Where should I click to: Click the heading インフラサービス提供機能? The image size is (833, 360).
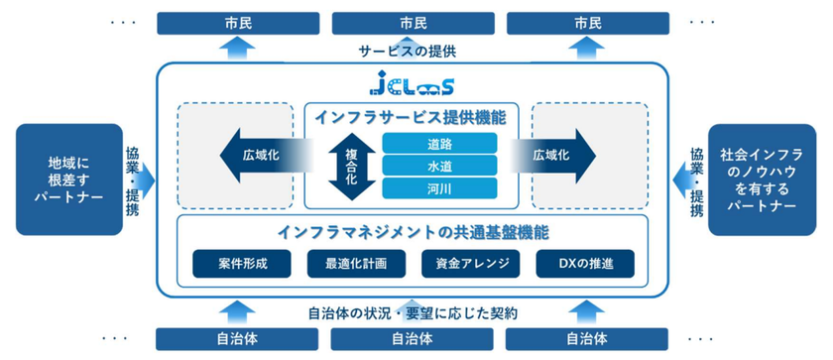(x=410, y=118)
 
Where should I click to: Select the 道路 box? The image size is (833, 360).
(x=424, y=143)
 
